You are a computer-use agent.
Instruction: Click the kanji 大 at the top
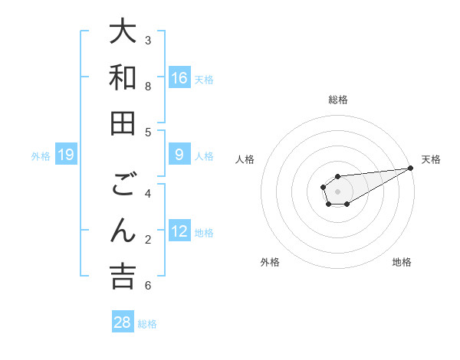tap(123, 32)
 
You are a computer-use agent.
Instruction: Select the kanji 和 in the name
tap(123, 78)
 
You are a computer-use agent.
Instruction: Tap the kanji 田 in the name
tap(123, 124)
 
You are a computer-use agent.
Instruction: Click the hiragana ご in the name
tap(123, 186)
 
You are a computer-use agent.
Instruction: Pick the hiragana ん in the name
tap(123, 231)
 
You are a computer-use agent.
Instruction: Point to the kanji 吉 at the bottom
tap(123, 277)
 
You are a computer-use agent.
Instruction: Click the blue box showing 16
tap(179, 77)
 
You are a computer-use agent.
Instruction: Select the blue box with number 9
tap(179, 155)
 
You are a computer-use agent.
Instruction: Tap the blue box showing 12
tap(179, 231)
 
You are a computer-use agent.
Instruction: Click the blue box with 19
tap(66, 155)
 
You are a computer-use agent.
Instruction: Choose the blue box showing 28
tap(123, 322)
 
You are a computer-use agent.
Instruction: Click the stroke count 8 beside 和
tap(148, 87)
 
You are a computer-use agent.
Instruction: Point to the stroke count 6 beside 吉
tap(148, 286)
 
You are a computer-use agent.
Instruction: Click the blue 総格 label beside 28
tap(147, 323)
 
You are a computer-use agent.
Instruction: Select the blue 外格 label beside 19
tap(41, 156)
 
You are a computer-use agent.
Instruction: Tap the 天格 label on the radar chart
tap(431, 159)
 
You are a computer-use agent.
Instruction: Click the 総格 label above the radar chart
tap(337, 100)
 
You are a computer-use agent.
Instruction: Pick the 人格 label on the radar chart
tap(245, 159)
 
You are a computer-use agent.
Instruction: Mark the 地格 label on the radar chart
tap(402, 262)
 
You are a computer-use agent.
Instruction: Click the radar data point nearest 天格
tap(410, 168)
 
